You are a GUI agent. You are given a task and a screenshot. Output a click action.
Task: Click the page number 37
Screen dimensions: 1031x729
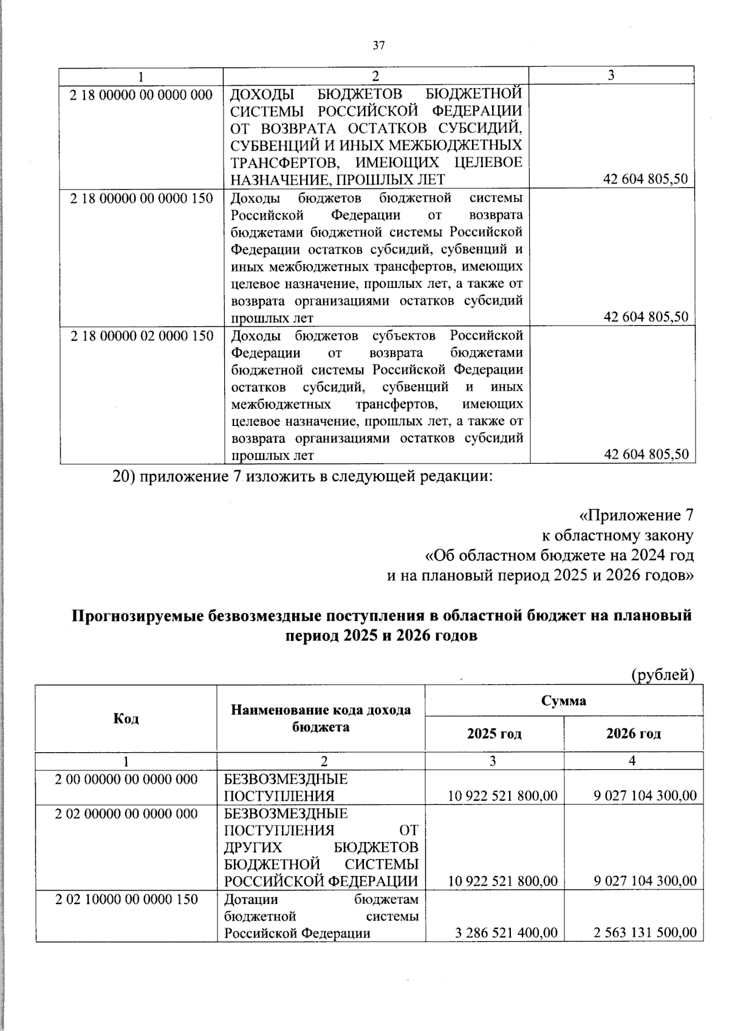pos(378,46)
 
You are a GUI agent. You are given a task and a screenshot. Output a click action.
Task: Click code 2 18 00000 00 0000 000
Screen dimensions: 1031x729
pos(141,95)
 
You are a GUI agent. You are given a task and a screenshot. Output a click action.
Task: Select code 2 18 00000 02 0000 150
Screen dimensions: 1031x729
pos(141,336)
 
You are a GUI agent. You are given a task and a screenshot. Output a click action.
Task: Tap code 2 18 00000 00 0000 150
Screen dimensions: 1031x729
pos(141,199)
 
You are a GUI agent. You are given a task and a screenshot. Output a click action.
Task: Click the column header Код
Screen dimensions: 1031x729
pos(126,719)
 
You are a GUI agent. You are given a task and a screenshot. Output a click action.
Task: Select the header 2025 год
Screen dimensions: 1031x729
pos(494,733)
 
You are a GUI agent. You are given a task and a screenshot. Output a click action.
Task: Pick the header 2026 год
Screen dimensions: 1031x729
pos(633,733)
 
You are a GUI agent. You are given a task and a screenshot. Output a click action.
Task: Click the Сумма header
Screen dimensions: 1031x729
pos(563,701)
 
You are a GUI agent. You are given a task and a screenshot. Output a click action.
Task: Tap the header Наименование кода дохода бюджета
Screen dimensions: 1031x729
pos(321,718)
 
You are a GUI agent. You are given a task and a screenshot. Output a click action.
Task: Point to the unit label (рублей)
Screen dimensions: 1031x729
pos(663,674)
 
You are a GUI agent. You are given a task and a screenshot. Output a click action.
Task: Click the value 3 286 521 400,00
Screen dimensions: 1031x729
pos(506,933)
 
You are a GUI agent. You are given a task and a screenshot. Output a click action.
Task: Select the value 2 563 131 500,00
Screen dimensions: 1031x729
pos(645,933)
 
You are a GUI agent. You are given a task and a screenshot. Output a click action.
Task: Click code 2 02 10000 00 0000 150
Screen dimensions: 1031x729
pos(126,899)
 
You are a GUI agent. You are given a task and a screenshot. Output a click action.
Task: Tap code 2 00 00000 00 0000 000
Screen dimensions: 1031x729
pos(126,779)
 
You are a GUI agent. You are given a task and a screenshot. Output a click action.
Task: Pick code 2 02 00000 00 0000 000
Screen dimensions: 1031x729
pos(126,813)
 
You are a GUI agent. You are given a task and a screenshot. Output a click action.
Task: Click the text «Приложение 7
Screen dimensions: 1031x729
pos(635,516)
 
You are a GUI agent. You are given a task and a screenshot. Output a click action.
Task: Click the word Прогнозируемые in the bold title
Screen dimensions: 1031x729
pos(137,616)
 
